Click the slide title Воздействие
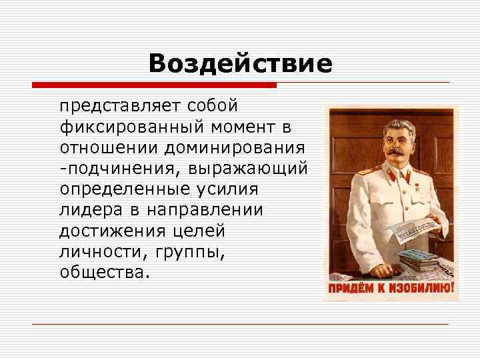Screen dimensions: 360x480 pyautogui.click(x=240, y=64)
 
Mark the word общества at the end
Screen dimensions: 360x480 pyautogui.click(x=103, y=273)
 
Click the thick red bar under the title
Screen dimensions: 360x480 pyautogui.click(x=154, y=85)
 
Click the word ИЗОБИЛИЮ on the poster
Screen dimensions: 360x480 pyautogui.click(x=420, y=289)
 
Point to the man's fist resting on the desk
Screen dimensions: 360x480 pyautogui.click(x=376, y=270)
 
